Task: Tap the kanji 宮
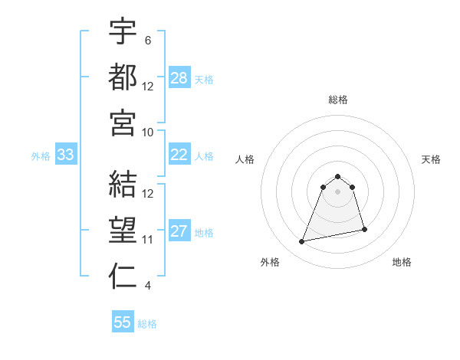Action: [x=123, y=123]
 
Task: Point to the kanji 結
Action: [x=123, y=184]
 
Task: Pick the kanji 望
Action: [x=123, y=230]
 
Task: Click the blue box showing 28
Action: [x=179, y=78]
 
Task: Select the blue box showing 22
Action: [x=179, y=155]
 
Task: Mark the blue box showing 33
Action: [x=65, y=155]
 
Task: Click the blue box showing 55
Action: [x=123, y=322]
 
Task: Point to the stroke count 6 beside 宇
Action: [x=147, y=40]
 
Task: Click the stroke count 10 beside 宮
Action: [x=149, y=132]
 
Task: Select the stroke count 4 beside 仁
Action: [x=147, y=286]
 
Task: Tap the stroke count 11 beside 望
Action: [x=149, y=240]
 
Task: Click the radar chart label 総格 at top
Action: [x=338, y=100]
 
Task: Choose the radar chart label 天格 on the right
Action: [x=432, y=159]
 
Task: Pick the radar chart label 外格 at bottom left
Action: [x=270, y=262]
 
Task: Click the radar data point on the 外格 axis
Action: [x=302, y=242]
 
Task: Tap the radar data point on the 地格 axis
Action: [x=364, y=229]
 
